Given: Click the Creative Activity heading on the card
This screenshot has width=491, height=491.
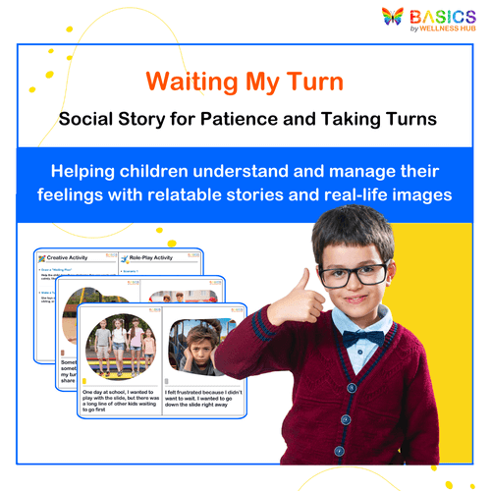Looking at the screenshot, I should (77, 257).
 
